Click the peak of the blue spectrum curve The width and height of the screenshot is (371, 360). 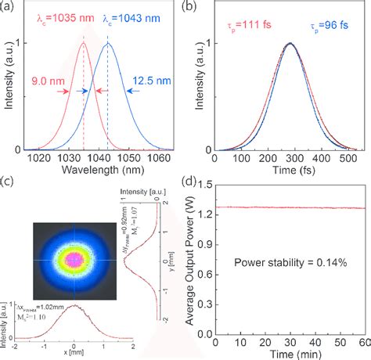(x=108, y=44)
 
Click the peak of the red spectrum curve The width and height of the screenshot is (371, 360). (x=83, y=44)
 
